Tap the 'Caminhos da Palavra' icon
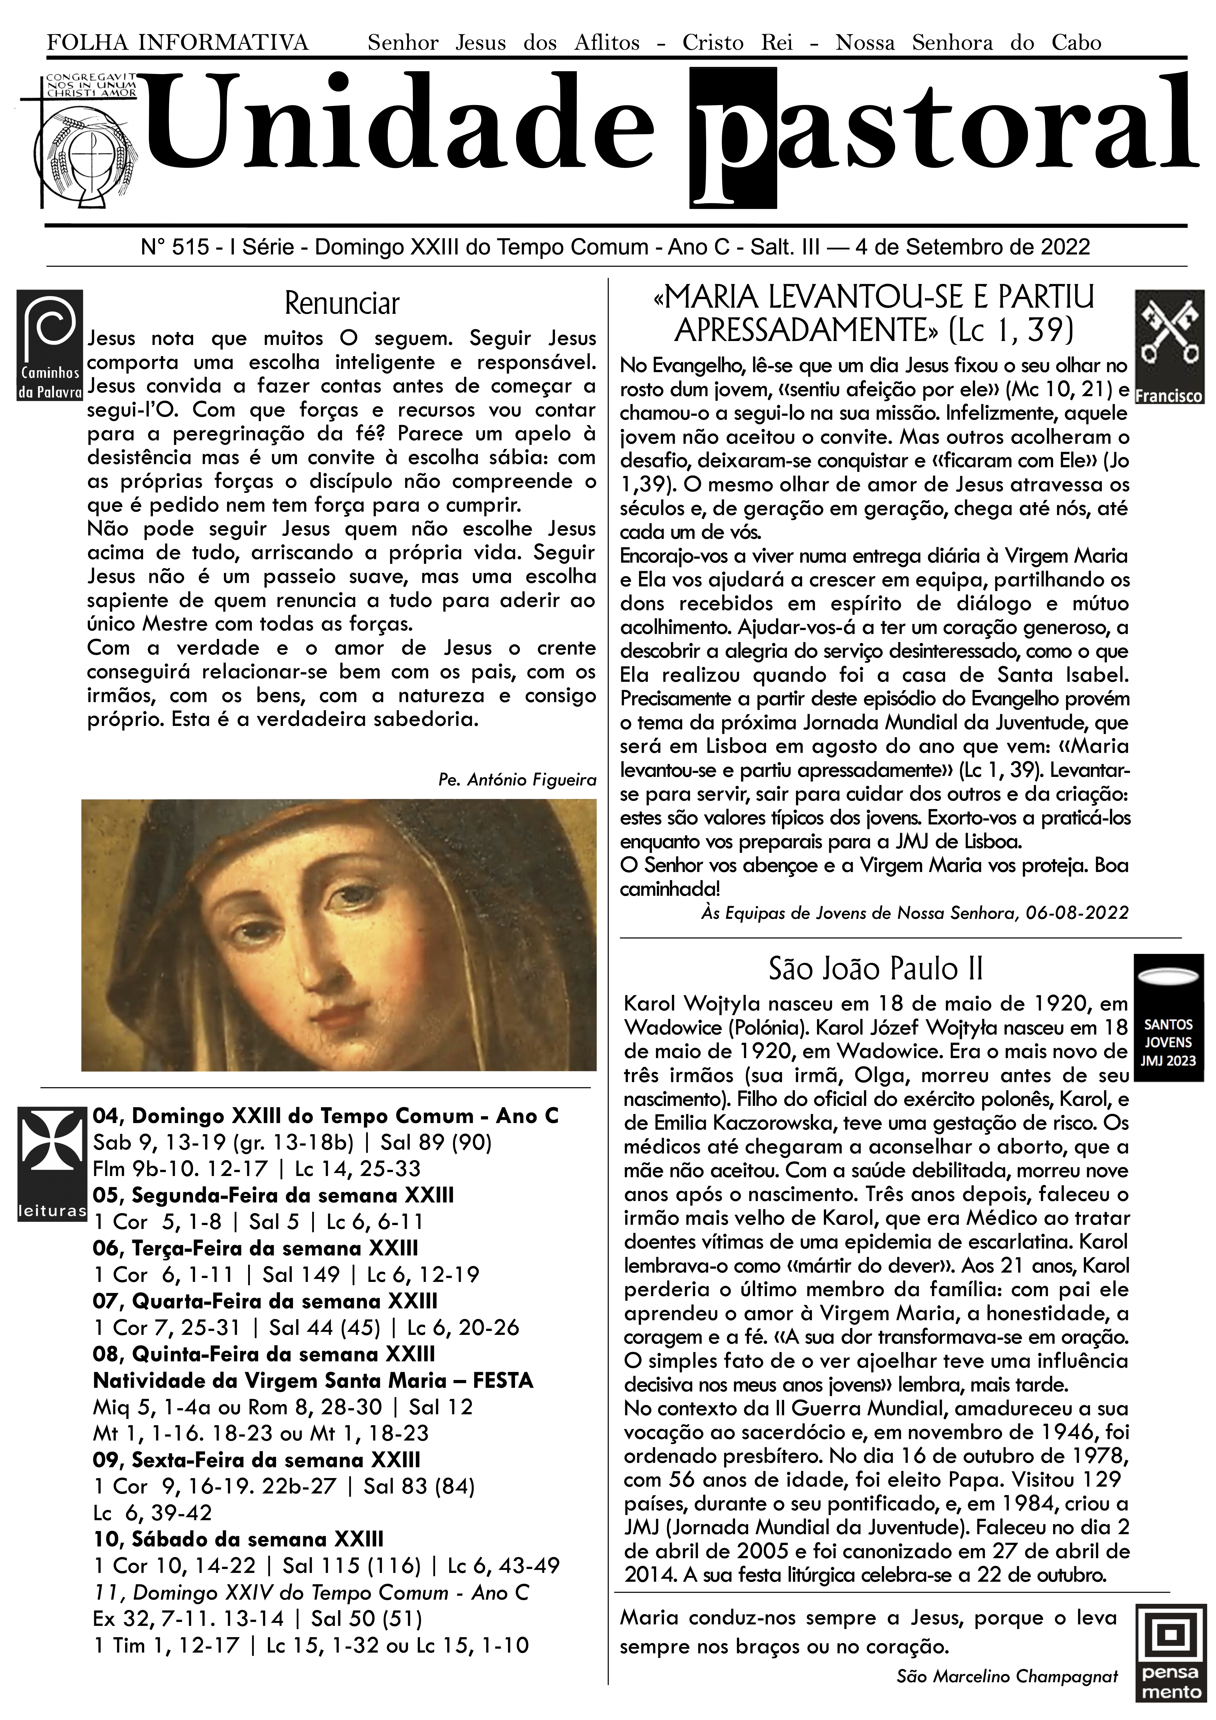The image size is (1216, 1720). click(x=50, y=345)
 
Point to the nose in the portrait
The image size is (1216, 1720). click(x=322, y=966)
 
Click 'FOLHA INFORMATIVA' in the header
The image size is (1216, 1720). click(x=178, y=43)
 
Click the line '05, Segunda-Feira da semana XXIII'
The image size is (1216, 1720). click(x=273, y=1195)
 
